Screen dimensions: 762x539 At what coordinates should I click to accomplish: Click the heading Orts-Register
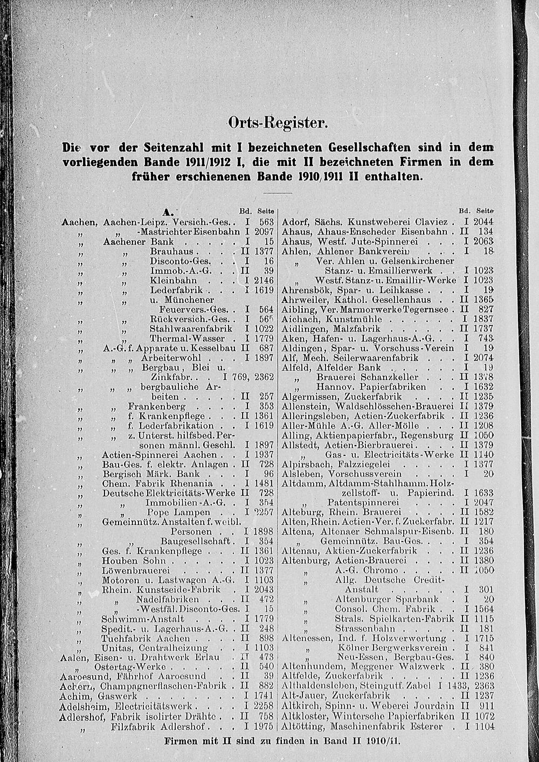pos(278,123)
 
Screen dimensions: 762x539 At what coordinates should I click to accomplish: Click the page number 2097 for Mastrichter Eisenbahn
pos(264,232)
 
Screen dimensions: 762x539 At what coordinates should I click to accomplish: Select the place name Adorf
pos(295,221)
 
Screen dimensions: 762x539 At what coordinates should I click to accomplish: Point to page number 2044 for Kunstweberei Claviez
pos(481,221)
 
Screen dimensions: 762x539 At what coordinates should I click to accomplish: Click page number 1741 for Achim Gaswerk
pos(264,696)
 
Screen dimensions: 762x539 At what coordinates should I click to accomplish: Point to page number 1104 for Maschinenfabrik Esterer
pos(482,726)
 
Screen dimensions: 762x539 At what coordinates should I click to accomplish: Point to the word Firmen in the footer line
pos(181,742)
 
